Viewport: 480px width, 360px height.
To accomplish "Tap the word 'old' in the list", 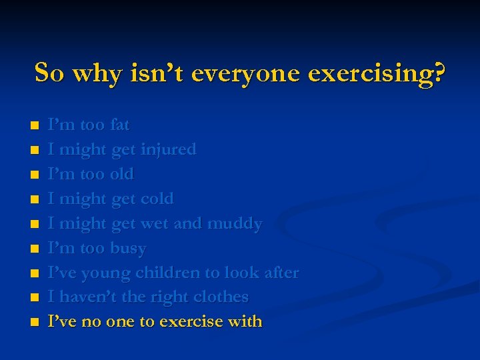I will (122, 174).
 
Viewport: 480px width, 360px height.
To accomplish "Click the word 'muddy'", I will (235, 223).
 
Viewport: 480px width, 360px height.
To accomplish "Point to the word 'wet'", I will (155, 223).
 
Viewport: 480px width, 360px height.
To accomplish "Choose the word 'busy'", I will (128, 248).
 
